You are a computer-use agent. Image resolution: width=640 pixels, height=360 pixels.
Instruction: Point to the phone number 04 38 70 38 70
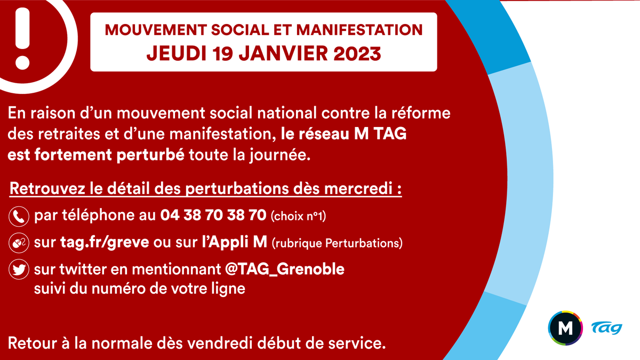(213, 216)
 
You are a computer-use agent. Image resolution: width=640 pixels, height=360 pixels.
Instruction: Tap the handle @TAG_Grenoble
(285, 269)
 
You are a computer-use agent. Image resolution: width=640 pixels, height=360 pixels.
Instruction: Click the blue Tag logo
(606, 328)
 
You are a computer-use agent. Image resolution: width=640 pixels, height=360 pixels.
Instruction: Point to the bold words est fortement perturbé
(97, 155)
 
